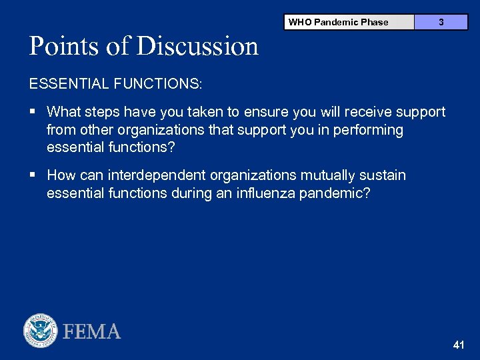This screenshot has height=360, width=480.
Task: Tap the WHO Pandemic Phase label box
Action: [338, 22]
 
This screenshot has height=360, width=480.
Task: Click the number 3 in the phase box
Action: [441, 22]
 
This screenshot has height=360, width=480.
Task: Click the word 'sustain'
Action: [382, 175]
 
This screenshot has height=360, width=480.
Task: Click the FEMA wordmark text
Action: [92, 331]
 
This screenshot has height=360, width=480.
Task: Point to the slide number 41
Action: [458, 345]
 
